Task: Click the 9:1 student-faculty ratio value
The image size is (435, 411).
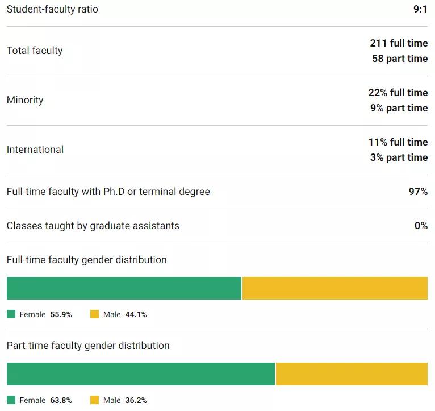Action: (420, 9)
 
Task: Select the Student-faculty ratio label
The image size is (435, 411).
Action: (52, 9)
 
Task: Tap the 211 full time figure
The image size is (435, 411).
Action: (399, 43)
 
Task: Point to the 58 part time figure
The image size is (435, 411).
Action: (400, 59)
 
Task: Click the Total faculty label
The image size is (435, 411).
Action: (35, 51)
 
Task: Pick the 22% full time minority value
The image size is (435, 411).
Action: (398, 93)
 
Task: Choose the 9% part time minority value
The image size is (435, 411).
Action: (399, 108)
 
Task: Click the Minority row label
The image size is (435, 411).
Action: (25, 100)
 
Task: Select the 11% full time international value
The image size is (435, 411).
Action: (398, 142)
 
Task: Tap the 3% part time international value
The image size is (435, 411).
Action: (399, 157)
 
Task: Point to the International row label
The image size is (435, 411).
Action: (35, 150)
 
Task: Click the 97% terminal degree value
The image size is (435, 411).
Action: (418, 192)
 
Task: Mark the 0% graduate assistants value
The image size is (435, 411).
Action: (421, 226)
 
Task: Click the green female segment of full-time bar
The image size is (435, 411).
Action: (124, 288)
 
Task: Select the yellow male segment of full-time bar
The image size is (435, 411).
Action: (334, 288)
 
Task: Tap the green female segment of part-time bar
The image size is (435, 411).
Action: (141, 374)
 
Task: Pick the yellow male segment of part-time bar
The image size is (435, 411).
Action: (352, 374)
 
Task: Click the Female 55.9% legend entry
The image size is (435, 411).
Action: (40, 314)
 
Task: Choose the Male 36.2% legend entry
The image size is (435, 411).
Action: (119, 400)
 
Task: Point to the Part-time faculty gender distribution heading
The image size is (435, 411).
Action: (88, 346)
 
